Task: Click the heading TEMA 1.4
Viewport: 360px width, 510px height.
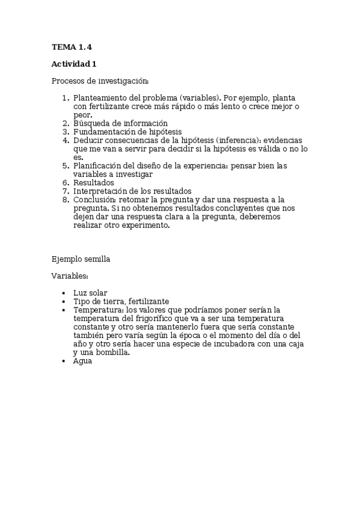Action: click(x=72, y=46)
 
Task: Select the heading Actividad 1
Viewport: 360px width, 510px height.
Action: click(x=73, y=64)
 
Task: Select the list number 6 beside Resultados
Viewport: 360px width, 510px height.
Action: click(x=66, y=182)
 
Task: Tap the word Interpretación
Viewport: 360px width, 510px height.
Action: click(x=100, y=191)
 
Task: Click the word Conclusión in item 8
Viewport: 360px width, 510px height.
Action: click(x=94, y=199)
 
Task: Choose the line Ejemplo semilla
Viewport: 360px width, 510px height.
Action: click(x=81, y=259)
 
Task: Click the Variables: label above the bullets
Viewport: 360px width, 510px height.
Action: click(x=70, y=276)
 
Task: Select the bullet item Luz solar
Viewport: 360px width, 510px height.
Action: click(x=90, y=293)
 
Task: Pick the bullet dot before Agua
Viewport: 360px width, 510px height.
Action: click(x=64, y=361)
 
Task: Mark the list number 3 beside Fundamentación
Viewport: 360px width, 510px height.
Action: click(x=66, y=132)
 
